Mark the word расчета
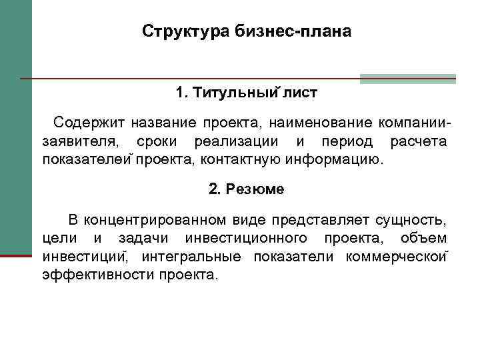(x=419, y=141)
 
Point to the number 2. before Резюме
(x=214, y=189)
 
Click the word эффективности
(x=99, y=275)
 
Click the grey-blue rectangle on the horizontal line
(x=407, y=79)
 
